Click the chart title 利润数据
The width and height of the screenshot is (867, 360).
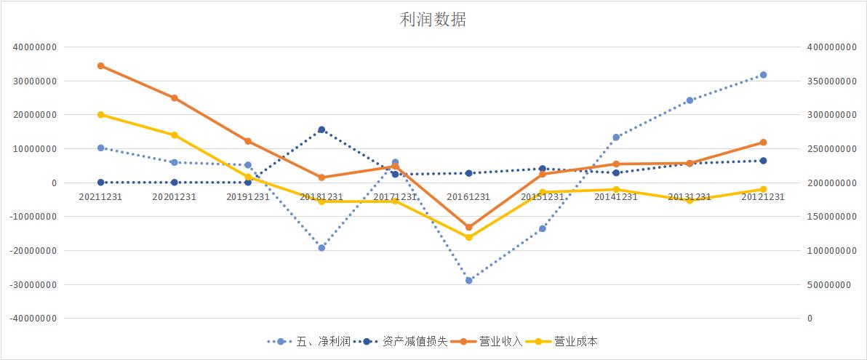(x=433, y=20)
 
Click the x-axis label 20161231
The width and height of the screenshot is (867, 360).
(x=468, y=197)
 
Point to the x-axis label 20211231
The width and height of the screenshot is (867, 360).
(x=100, y=197)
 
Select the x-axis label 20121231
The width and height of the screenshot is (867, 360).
(x=763, y=197)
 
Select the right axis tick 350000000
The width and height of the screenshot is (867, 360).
(x=830, y=81)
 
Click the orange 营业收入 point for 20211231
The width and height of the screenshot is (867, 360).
(x=100, y=65)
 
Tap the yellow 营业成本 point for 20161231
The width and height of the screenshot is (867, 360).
(x=468, y=237)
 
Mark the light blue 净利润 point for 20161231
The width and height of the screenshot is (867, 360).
(x=468, y=280)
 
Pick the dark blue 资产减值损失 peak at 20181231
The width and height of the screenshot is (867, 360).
(x=321, y=129)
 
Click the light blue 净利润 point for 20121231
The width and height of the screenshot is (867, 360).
(x=763, y=75)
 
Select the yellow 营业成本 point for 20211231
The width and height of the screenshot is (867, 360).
(x=100, y=115)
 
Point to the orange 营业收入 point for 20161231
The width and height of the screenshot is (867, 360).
(x=468, y=228)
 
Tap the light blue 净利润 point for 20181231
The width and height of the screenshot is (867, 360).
(x=321, y=248)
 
